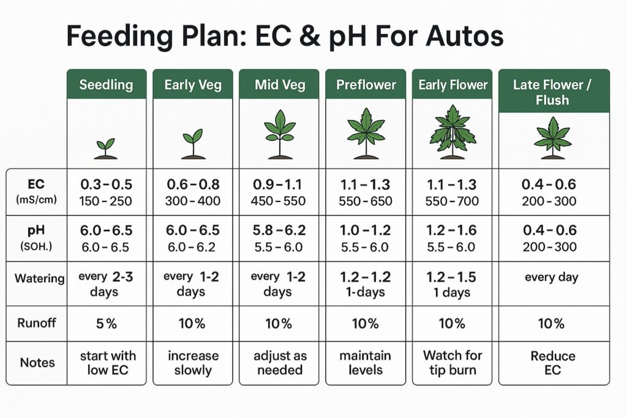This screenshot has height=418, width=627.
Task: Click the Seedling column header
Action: point(106,84)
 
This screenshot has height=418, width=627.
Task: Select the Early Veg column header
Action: point(192,84)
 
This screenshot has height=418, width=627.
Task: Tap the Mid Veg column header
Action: point(279,84)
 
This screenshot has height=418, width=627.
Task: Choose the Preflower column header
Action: point(366,84)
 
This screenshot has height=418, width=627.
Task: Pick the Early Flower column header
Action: point(452,84)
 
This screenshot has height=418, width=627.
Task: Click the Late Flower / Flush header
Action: point(554,91)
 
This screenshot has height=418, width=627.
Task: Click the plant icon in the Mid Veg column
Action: point(279,136)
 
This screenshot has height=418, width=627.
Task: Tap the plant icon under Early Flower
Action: point(452,133)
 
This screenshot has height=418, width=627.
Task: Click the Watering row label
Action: point(40,278)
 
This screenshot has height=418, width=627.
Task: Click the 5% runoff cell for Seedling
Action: point(106,324)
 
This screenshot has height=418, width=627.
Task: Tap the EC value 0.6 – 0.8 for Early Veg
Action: point(192,184)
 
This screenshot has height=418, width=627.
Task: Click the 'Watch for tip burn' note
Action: point(452,362)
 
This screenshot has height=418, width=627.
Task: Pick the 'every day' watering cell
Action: point(551,277)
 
